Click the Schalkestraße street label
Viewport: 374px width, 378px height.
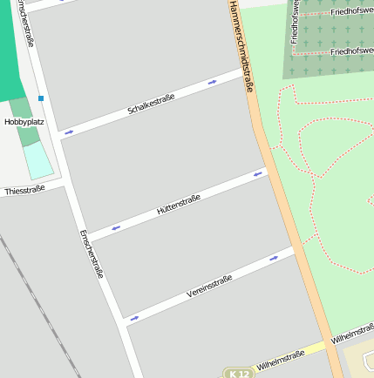point(151,104)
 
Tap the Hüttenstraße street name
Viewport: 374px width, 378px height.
point(179,205)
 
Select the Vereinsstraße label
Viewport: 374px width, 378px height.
point(209,285)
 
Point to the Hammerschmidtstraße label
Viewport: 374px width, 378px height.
point(241,47)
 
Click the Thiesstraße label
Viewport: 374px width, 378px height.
point(24,190)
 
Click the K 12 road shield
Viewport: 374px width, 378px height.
point(237,373)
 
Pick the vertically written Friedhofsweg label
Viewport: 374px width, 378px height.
point(296,21)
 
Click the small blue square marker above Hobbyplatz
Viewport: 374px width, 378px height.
point(41,98)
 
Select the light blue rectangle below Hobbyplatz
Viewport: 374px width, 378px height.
point(37,160)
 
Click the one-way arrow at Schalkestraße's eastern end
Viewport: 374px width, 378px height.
point(212,82)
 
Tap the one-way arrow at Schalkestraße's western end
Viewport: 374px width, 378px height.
point(69,132)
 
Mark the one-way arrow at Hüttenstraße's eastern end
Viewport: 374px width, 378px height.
point(257,174)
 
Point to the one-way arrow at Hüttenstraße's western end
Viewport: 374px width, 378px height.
point(115,227)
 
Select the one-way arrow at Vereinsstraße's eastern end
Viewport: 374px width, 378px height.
point(274,258)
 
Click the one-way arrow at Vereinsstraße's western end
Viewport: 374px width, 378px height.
point(134,318)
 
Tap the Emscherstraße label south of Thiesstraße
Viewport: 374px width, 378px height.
point(92,253)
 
